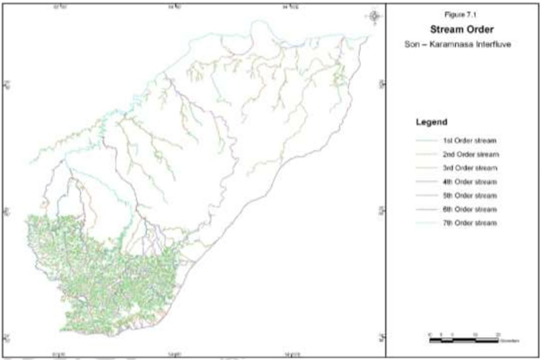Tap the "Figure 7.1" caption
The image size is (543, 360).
462,15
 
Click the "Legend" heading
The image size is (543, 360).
433,122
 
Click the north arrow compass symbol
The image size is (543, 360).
375,15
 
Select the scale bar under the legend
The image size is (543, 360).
462,334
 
